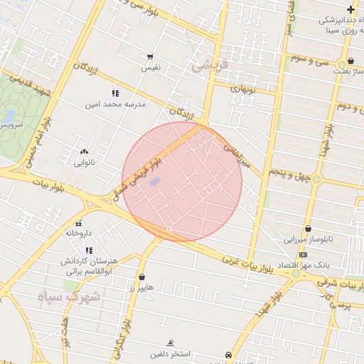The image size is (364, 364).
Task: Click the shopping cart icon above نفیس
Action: [150, 56]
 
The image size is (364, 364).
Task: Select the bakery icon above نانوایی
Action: [85, 151]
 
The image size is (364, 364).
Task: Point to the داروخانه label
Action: [79, 232]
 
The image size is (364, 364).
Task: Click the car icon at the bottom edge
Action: [227, 354]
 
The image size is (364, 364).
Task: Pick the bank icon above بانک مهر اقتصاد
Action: [304, 255]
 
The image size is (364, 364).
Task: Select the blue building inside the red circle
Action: [154, 182]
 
